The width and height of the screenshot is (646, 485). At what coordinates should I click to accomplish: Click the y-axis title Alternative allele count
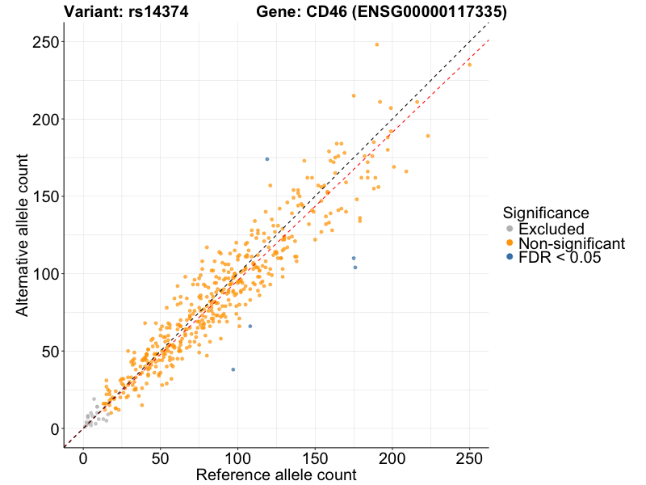23,239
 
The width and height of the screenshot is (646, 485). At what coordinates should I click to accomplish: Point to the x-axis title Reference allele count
276,475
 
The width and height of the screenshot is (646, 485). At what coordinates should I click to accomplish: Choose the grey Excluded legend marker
510,229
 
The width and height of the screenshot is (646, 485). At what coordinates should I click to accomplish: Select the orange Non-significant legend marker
510,243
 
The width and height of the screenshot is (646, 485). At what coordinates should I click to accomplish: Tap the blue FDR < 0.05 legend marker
510,257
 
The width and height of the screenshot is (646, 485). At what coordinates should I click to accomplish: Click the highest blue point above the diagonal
267,159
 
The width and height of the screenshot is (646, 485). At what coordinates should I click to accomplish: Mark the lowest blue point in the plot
233,369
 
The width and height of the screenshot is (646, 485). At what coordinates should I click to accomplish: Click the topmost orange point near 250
377,44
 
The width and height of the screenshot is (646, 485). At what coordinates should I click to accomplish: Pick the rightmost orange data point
470,64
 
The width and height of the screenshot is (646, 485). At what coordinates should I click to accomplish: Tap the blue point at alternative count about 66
250,327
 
